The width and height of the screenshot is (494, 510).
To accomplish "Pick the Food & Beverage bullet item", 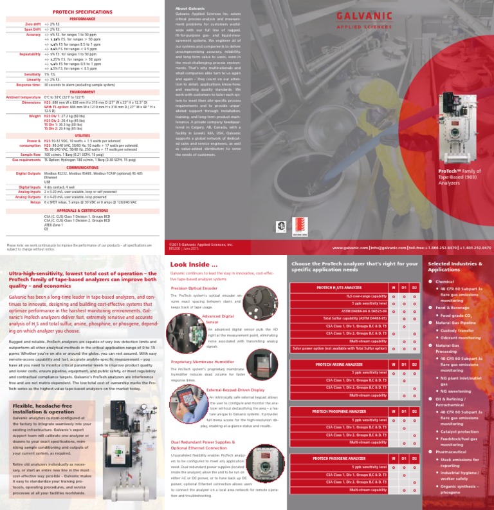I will coord(454,307).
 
